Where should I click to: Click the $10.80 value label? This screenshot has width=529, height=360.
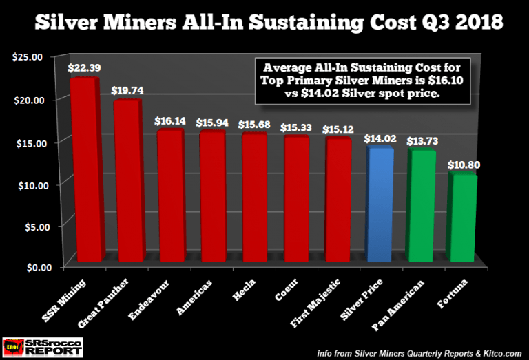pyautogui.click(x=466, y=165)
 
